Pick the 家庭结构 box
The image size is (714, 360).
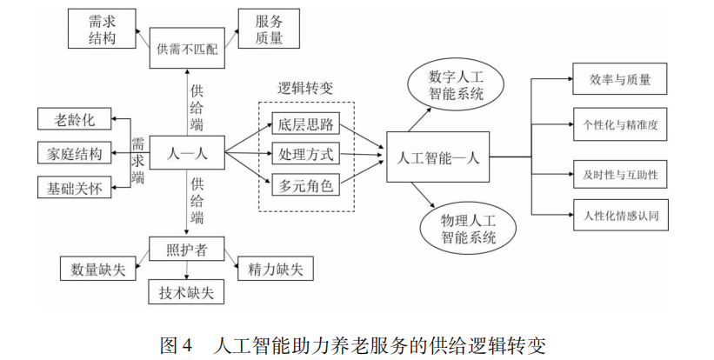click(x=75, y=154)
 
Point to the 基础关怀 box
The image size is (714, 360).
click(x=75, y=186)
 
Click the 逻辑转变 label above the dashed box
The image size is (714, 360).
click(x=305, y=88)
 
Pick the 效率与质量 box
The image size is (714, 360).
click(x=620, y=80)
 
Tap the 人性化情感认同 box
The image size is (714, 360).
click(x=620, y=215)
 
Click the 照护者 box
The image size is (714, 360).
click(x=187, y=249)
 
